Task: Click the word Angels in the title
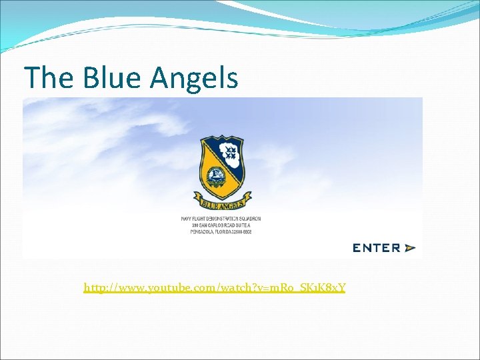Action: click(194, 78)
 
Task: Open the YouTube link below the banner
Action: click(214, 288)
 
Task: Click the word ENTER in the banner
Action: click(376, 248)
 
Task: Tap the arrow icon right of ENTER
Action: click(409, 248)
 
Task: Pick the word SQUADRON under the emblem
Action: click(248, 219)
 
